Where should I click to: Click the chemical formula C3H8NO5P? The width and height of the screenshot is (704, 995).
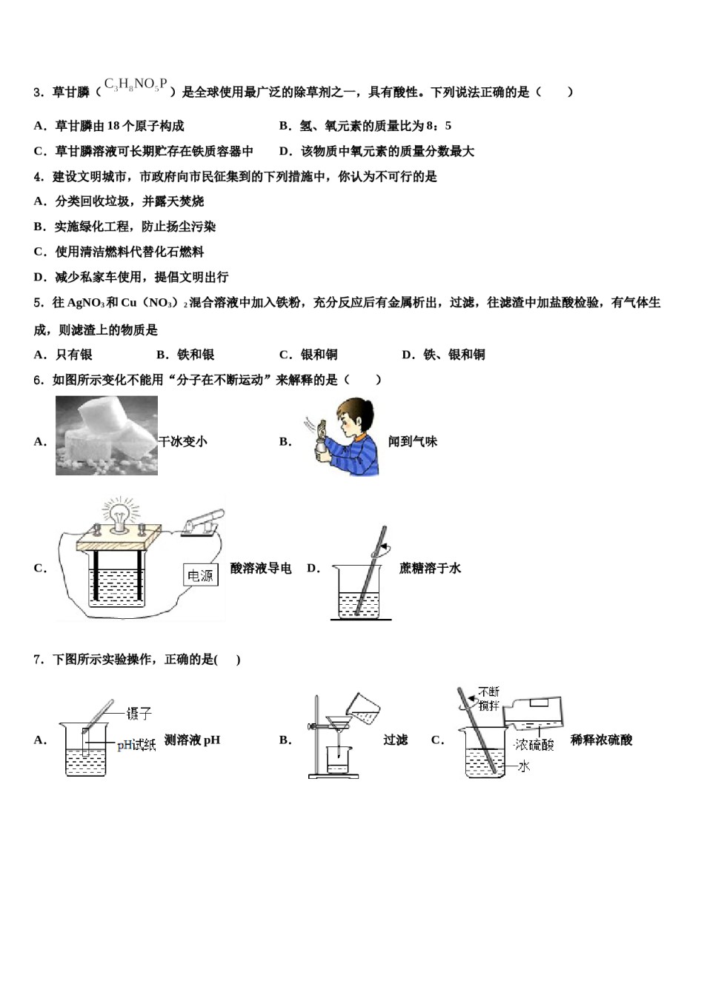136,85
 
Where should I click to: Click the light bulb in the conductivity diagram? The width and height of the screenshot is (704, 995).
119,512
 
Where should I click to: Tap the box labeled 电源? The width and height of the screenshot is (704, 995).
200,575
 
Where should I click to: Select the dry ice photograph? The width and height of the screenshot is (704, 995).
107,435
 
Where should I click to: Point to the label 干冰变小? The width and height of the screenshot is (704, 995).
183,441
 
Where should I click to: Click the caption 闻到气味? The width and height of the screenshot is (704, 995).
413,441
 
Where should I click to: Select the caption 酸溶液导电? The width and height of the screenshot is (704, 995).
261,568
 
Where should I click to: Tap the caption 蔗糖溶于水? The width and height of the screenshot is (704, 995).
430,568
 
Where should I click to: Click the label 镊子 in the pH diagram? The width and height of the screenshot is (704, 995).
139,713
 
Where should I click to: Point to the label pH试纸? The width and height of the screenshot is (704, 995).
136,746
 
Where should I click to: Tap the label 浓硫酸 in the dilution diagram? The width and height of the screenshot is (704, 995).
534,744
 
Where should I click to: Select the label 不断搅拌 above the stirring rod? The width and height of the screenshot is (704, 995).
489,700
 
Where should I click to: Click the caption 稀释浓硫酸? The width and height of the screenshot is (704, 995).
601,740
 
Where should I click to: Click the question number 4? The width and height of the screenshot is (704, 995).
38,176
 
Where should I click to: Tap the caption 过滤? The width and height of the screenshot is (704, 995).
395,740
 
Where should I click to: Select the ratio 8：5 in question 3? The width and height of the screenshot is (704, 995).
439,126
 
